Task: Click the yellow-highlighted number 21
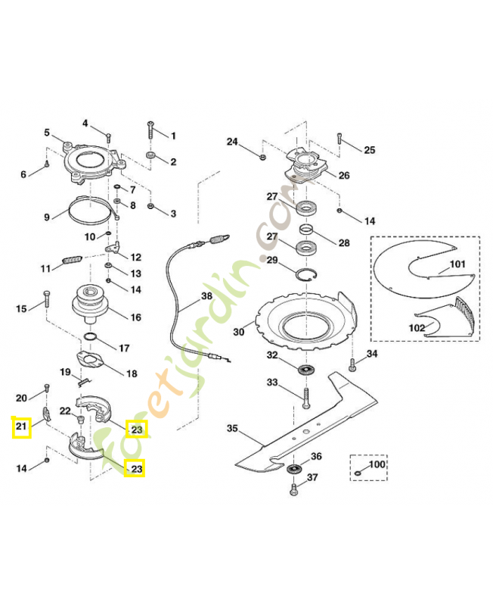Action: [x=21, y=428]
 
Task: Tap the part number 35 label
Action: [x=233, y=429]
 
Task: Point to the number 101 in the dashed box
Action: [x=458, y=265]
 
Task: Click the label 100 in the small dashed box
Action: [x=376, y=464]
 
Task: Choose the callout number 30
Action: [x=239, y=331]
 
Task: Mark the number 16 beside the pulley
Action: [x=136, y=317]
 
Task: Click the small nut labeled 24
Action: [x=262, y=157]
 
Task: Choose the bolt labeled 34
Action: [x=352, y=367]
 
